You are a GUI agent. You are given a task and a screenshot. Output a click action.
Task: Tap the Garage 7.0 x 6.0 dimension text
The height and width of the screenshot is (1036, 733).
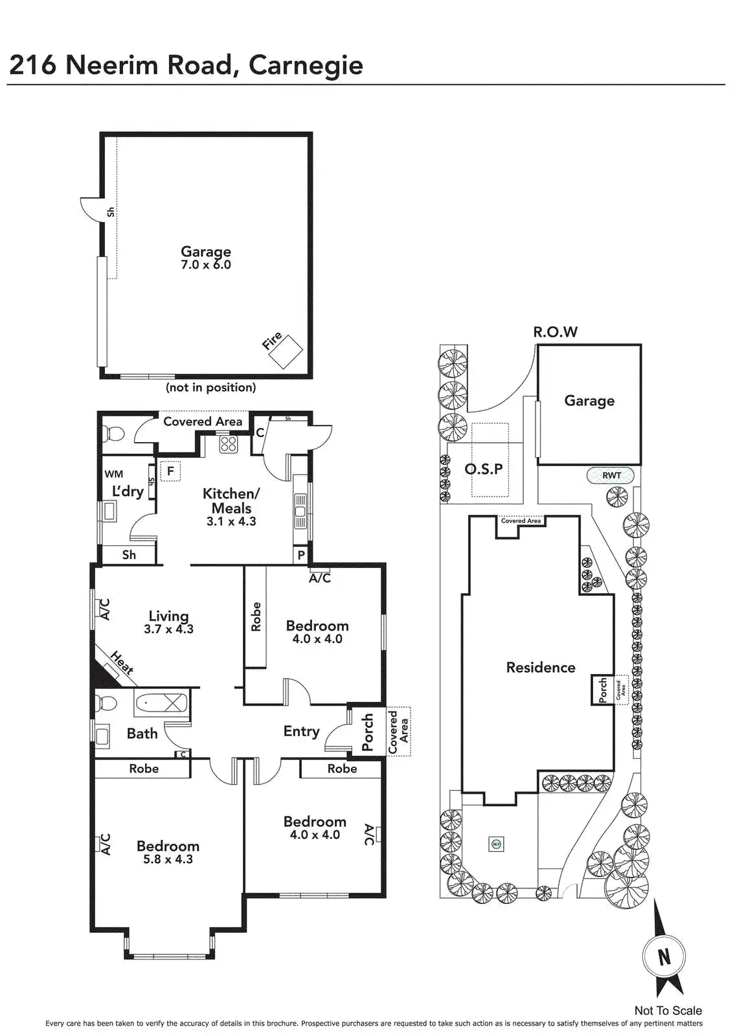tap(206, 265)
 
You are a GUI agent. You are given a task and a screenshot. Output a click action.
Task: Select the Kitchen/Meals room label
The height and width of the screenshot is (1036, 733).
tap(231, 501)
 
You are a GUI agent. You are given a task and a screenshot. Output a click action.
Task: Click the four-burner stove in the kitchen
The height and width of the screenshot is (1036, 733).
tap(228, 444)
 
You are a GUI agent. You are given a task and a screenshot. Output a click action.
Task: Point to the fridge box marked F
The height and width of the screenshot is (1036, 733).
tap(171, 471)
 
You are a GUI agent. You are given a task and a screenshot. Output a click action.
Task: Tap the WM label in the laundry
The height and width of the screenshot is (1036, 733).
tap(114, 474)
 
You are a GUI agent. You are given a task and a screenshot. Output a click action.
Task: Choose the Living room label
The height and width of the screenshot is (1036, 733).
tap(168, 616)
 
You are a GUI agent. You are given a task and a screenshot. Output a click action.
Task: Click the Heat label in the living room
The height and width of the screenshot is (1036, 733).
tap(122, 663)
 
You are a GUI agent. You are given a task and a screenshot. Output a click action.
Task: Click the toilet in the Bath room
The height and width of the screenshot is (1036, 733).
tap(105, 703)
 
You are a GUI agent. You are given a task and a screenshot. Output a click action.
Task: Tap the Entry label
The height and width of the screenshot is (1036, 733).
tap(301, 731)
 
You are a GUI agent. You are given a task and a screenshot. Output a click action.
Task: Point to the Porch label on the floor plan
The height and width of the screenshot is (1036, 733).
tap(368, 732)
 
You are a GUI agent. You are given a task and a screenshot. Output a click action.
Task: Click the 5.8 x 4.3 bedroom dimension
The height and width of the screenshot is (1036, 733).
tap(168, 859)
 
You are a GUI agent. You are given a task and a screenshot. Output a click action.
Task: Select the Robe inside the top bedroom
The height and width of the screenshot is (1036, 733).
tap(256, 616)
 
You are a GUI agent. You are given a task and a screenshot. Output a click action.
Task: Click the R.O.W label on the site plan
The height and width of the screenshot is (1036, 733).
tap(556, 332)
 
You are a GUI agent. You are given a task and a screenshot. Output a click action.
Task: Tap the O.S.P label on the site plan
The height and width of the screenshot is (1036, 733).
tap(484, 469)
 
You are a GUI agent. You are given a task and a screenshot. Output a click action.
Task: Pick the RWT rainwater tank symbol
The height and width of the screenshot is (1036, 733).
tap(611, 476)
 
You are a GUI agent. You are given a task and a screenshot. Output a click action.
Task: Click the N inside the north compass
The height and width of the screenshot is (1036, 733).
tap(664, 956)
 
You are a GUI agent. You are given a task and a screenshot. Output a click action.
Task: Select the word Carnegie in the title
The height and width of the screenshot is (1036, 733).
tap(306, 65)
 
